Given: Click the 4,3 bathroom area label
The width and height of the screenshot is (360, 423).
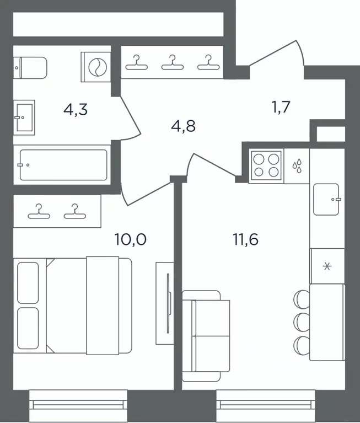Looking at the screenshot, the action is coord(76,110).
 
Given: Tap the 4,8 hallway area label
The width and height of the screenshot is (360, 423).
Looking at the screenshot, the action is coord(184,126).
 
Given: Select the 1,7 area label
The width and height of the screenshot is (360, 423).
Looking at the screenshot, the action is coord(281,106).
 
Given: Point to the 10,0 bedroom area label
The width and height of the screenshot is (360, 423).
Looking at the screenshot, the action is coord(131,239).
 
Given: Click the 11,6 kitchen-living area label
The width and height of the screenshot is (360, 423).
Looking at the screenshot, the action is coord(245,239).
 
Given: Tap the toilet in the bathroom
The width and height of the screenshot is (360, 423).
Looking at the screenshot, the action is coord(30,68).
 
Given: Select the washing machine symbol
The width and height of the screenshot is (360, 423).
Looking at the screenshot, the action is coord(96,67).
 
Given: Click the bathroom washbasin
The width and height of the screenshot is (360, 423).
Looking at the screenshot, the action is coord(24,117).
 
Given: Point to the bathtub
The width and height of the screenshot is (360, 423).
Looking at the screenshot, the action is coord(63,165).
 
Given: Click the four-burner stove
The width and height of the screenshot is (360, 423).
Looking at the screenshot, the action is coord(266,165).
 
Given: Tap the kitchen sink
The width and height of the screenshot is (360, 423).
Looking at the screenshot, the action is coord(326,199).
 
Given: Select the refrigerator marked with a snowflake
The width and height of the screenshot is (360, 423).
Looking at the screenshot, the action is coord(327,266).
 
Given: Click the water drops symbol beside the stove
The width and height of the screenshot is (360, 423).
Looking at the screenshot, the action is coord(297,165).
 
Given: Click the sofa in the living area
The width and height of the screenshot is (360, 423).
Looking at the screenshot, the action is coord(206,336).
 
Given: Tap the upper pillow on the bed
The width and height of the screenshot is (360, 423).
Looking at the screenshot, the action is coord(28,283).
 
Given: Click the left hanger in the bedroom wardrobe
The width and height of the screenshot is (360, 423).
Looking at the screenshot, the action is coord(39,211).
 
